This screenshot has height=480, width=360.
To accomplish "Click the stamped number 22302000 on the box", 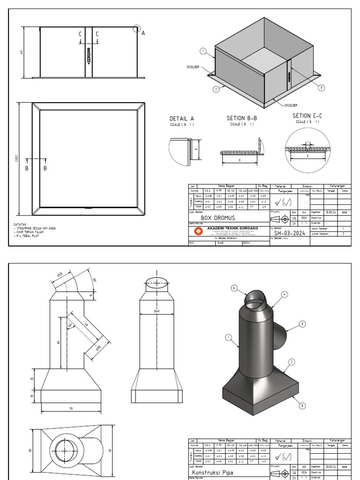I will click(x=89, y=55).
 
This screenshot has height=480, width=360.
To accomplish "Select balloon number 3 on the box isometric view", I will click(x=321, y=88).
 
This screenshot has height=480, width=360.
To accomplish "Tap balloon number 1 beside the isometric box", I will click(x=203, y=51).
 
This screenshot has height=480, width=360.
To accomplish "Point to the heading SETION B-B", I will click(x=242, y=119).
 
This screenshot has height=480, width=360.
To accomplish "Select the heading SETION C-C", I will click(x=307, y=116).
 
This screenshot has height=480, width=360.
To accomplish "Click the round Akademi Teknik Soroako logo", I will click(x=199, y=232).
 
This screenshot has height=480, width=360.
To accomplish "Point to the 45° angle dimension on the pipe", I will click(x=70, y=325).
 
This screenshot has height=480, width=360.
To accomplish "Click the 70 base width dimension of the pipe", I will click(x=71, y=409).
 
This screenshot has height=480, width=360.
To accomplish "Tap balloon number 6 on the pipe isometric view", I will click(x=234, y=288).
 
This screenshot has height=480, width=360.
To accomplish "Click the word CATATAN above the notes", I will click(x=20, y=225).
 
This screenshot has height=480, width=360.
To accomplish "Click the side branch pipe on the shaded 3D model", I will click(x=282, y=336).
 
